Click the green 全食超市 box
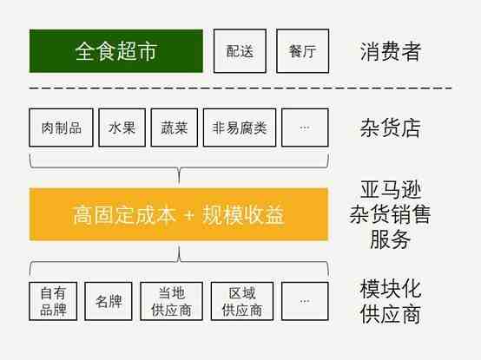tap(116, 51)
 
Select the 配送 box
tap(240, 51)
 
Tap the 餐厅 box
tap(302, 51)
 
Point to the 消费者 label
tap(390, 51)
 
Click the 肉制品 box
tap(61, 128)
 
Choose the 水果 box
tap(122, 128)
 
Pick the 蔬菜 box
tap(174, 128)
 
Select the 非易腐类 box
tap(240, 128)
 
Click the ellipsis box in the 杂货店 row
tap(305, 128)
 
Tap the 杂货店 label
tap(390, 128)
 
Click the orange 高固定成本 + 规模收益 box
tap(179, 214)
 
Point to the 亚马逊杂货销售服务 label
tap(390, 214)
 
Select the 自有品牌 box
tap(53, 301)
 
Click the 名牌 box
tap(109, 301)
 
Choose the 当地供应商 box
tap(171, 301)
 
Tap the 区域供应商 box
tap(242, 301)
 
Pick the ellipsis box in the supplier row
tap(305, 301)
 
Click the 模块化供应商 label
tap(390, 301)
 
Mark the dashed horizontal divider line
tap(240, 88)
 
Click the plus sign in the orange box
tap(189, 215)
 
